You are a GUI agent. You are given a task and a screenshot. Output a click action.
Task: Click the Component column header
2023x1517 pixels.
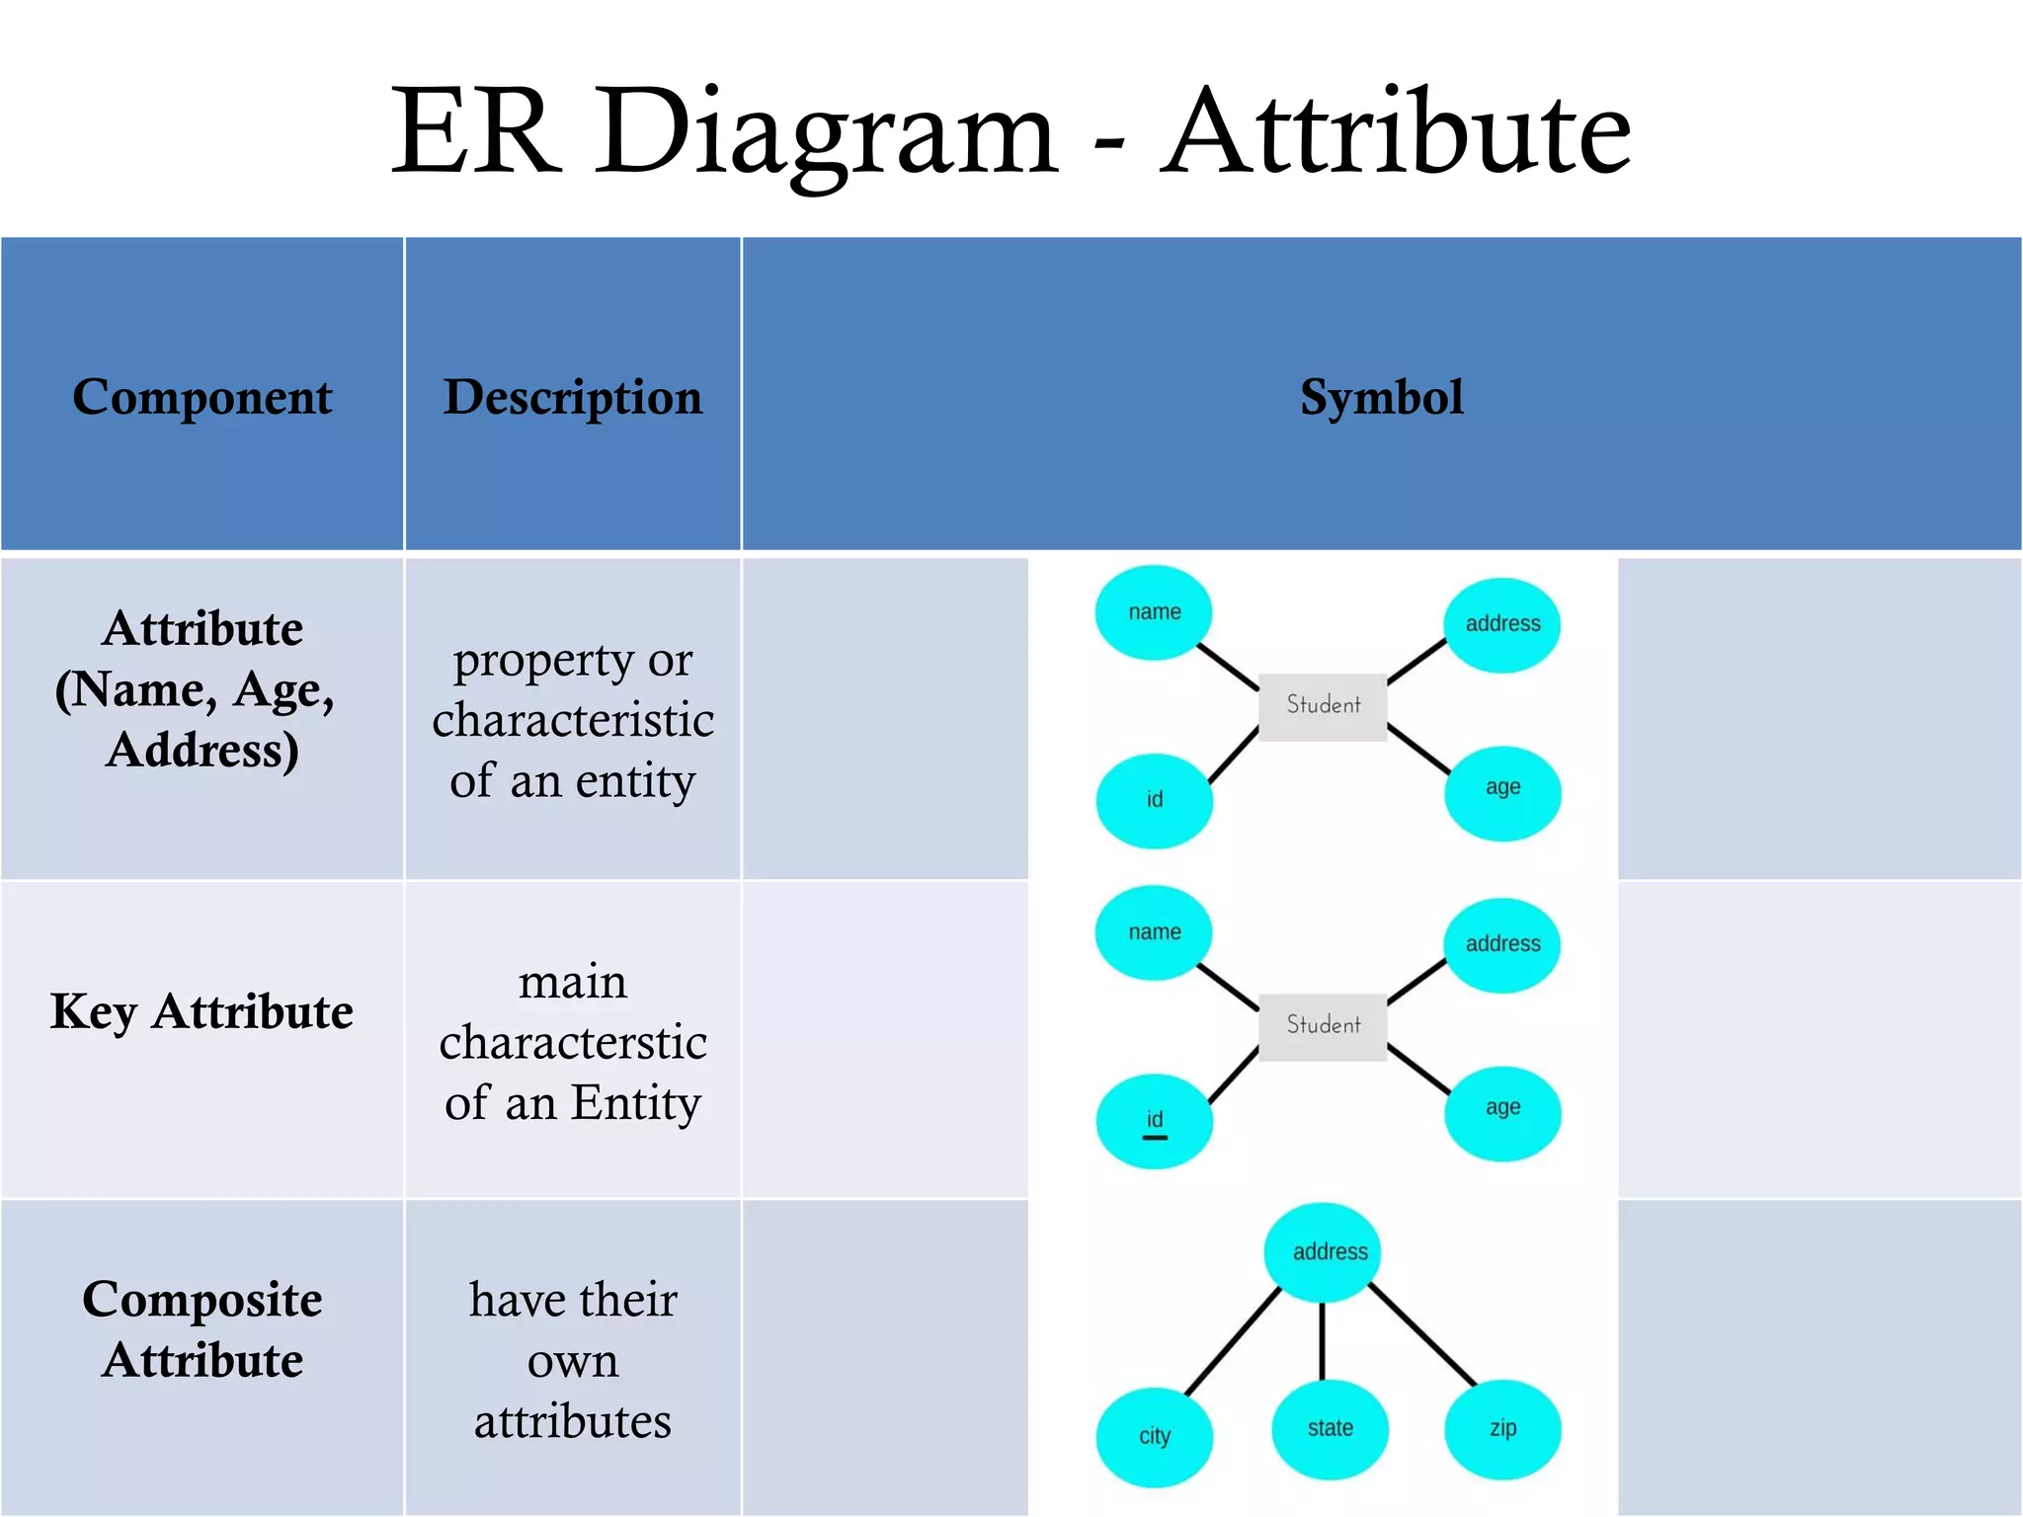tap(202, 397)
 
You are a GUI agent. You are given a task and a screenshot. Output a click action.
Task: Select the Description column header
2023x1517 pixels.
tap(573, 397)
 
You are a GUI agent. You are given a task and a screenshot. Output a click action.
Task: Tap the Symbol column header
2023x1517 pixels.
tap(1381, 397)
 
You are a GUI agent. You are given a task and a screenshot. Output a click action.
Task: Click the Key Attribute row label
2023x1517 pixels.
tap(202, 1011)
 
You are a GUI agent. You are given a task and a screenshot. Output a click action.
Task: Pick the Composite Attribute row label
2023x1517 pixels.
tap(202, 1328)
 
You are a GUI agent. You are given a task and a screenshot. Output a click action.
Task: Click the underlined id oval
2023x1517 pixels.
tap(1154, 1121)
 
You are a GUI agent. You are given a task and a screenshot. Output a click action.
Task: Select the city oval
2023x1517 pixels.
tap(1154, 1435)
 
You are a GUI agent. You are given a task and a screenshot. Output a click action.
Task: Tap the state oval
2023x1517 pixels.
tap(1330, 1428)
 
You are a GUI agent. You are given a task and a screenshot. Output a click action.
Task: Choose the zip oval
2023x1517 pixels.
tap(1502, 1428)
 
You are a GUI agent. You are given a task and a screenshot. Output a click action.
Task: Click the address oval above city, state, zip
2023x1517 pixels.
tap(1330, 1251)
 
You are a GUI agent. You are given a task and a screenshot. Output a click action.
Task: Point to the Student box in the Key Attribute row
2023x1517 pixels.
tap(1323, 1026)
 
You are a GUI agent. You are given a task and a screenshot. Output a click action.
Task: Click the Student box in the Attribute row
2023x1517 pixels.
tap(1323, 705)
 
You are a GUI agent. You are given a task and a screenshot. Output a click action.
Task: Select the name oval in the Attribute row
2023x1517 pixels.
tap(1154, 612)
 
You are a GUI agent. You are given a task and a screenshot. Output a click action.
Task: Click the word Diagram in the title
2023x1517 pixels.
tap(826, 133)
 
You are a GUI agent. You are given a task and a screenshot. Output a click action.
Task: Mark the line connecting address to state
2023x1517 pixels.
tap(1323, 1341)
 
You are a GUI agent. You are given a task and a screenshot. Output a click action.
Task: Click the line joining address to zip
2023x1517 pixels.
tap(1422, 1335)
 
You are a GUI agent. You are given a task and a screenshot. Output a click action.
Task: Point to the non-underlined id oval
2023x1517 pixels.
tap(1154, 800)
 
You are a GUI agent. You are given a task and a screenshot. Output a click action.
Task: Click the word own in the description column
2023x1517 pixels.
tap(573, 1362)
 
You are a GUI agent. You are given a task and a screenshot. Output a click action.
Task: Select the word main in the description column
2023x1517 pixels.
tap(573, 983)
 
